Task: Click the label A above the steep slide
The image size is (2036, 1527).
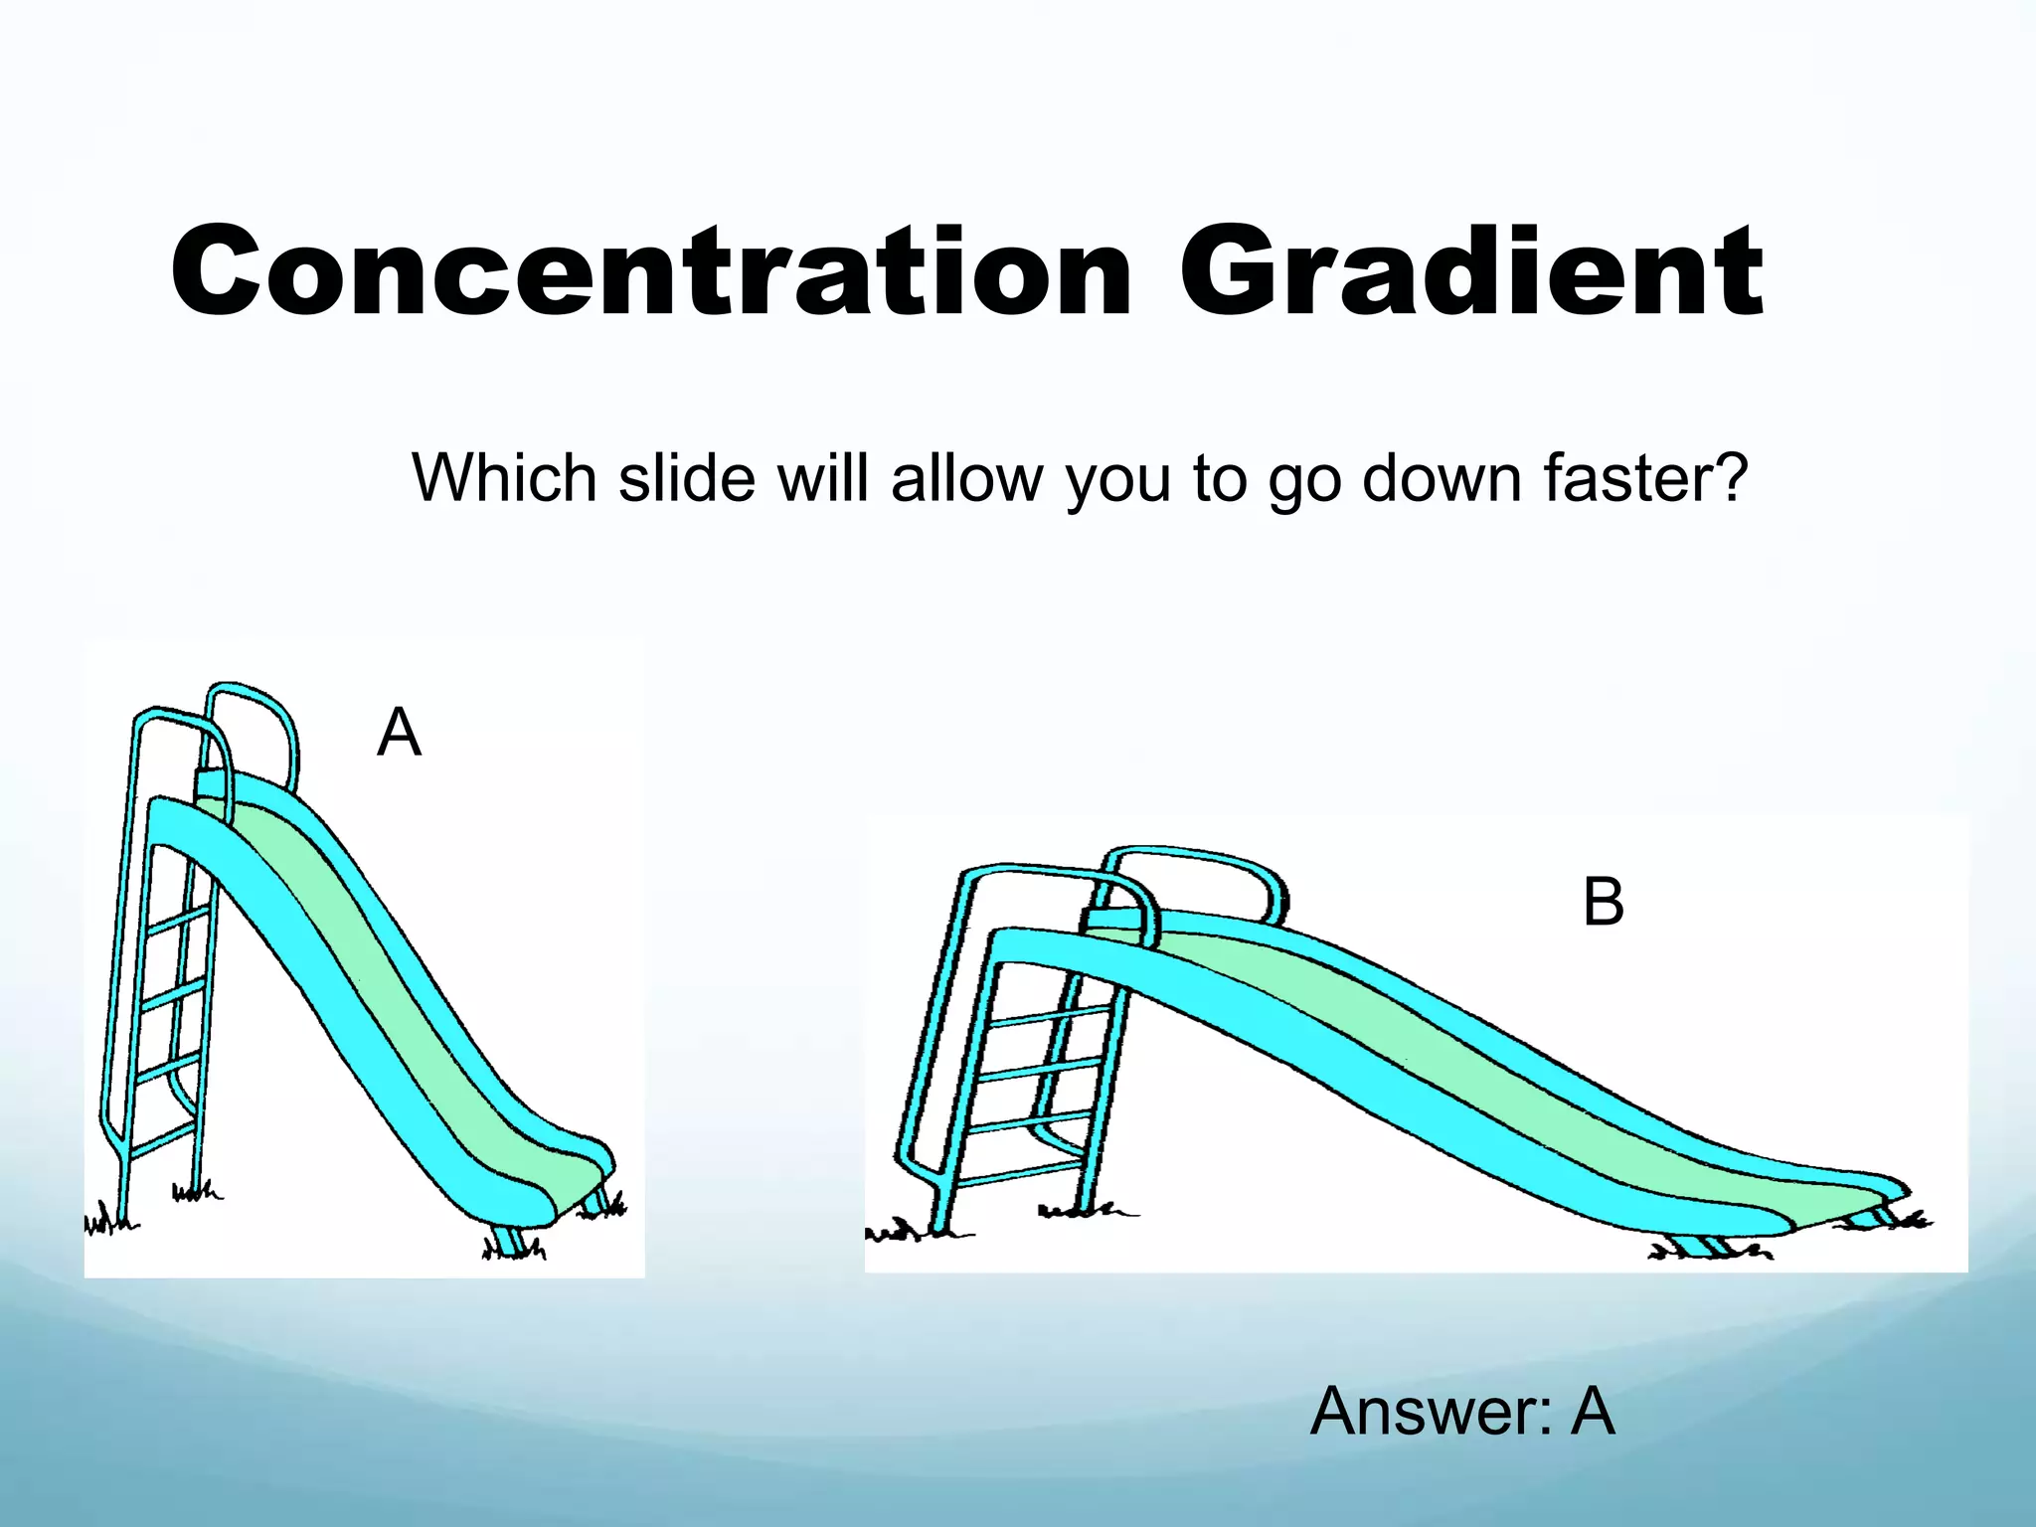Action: [x=400, y=734]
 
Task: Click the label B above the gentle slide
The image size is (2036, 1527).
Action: [x=1603, y=903]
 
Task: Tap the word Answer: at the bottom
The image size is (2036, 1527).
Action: [x=1432, y=1412]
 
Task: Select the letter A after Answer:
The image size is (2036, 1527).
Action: [x=1593, y=1412]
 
